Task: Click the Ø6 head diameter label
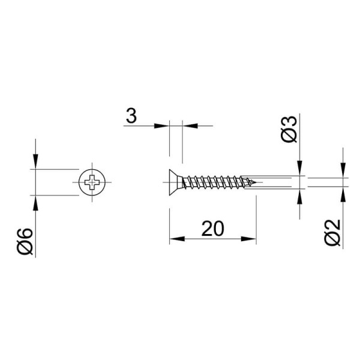pos(25,242)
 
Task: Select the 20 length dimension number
pos(212,229)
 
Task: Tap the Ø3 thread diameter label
pos(289,129)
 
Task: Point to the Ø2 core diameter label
pos(332,232)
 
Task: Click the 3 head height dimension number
pos(131,116)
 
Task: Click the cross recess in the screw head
pos(92,182)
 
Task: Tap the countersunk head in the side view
pos(176,182)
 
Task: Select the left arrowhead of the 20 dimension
pos(177,239)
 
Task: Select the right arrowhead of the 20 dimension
pos(248,239)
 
